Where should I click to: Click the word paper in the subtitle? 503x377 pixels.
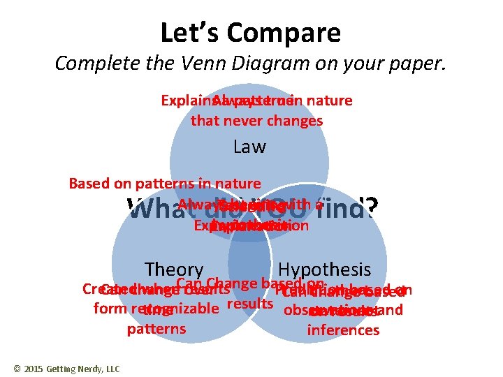(x=413, y=64)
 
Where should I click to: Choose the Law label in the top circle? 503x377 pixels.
(x=249, y=147)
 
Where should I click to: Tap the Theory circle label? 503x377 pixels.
(x=173, y=269)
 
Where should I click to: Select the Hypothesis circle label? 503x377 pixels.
(x=324, y=269)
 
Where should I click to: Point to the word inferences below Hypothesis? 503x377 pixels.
(x=343, y=330)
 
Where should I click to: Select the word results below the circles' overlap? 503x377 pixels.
(x=250, y=304)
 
